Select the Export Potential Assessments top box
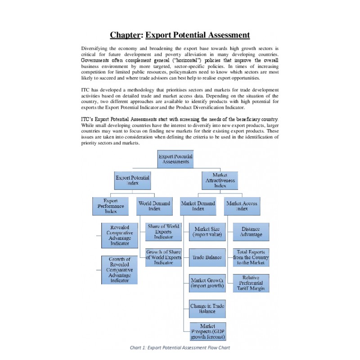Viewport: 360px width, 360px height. point(175,159)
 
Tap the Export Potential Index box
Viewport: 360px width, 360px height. point(132,180)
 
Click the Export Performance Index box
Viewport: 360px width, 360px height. point(111,206)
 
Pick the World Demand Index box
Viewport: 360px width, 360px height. point(154,206)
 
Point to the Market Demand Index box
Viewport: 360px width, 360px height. point(198,206)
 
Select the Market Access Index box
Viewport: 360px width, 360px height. point(242,206)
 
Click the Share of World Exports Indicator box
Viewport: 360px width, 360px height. point(163,232)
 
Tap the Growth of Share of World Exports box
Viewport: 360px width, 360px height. point(163,257)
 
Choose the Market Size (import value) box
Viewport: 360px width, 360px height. point(207,232)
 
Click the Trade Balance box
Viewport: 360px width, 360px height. point(207,257)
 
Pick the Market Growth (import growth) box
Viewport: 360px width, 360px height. point(207,283)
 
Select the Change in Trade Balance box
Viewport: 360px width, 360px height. point(207,308)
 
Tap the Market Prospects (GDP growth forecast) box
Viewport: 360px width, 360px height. point(207,332)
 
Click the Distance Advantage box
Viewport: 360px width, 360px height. point(251,232)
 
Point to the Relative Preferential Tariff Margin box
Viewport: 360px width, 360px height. point(251,283)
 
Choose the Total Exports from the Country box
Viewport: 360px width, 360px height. point(251,257)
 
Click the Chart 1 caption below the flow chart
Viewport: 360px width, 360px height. point(180,347)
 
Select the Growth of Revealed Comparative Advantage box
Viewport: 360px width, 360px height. point(119,270)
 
